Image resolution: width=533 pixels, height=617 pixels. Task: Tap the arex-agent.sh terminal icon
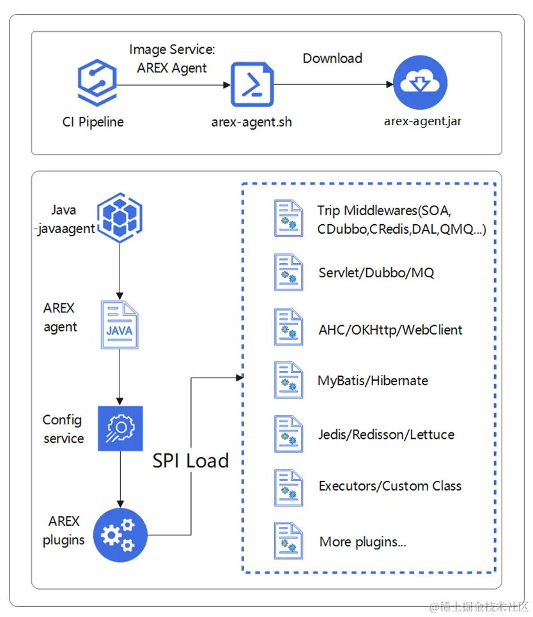coord(252,84)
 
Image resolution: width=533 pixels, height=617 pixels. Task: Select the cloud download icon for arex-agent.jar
coord(420,83)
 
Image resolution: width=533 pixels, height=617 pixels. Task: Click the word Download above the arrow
coord(332,58)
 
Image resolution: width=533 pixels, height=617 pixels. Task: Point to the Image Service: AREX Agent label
coord(172,59)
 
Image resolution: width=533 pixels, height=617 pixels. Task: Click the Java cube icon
coord(120,217)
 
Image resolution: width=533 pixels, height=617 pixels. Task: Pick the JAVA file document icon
coord(120,325)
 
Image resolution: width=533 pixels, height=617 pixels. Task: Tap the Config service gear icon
coord(120,429)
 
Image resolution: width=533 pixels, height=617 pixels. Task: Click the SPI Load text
coord(190,461)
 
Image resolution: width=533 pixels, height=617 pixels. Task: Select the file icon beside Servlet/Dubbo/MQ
coord(288,272)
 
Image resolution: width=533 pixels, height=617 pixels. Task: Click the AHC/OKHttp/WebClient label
coord(390,330)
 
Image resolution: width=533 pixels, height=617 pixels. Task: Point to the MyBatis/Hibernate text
coord(373,381)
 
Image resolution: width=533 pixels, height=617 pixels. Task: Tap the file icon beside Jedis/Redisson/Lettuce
coord(288,434)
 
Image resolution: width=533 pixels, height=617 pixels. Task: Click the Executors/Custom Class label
coord(390,486)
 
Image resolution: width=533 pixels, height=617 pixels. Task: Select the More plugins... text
coord(362,542)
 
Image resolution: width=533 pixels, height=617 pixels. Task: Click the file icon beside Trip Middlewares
coord(288,218)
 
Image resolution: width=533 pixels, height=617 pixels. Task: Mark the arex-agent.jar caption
coord(422,121)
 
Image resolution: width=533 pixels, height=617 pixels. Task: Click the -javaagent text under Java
coord(64,228)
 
